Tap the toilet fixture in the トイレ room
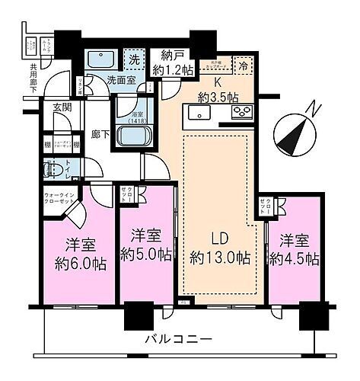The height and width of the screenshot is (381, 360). point(55,169)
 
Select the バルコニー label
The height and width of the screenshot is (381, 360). point(180,339)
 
